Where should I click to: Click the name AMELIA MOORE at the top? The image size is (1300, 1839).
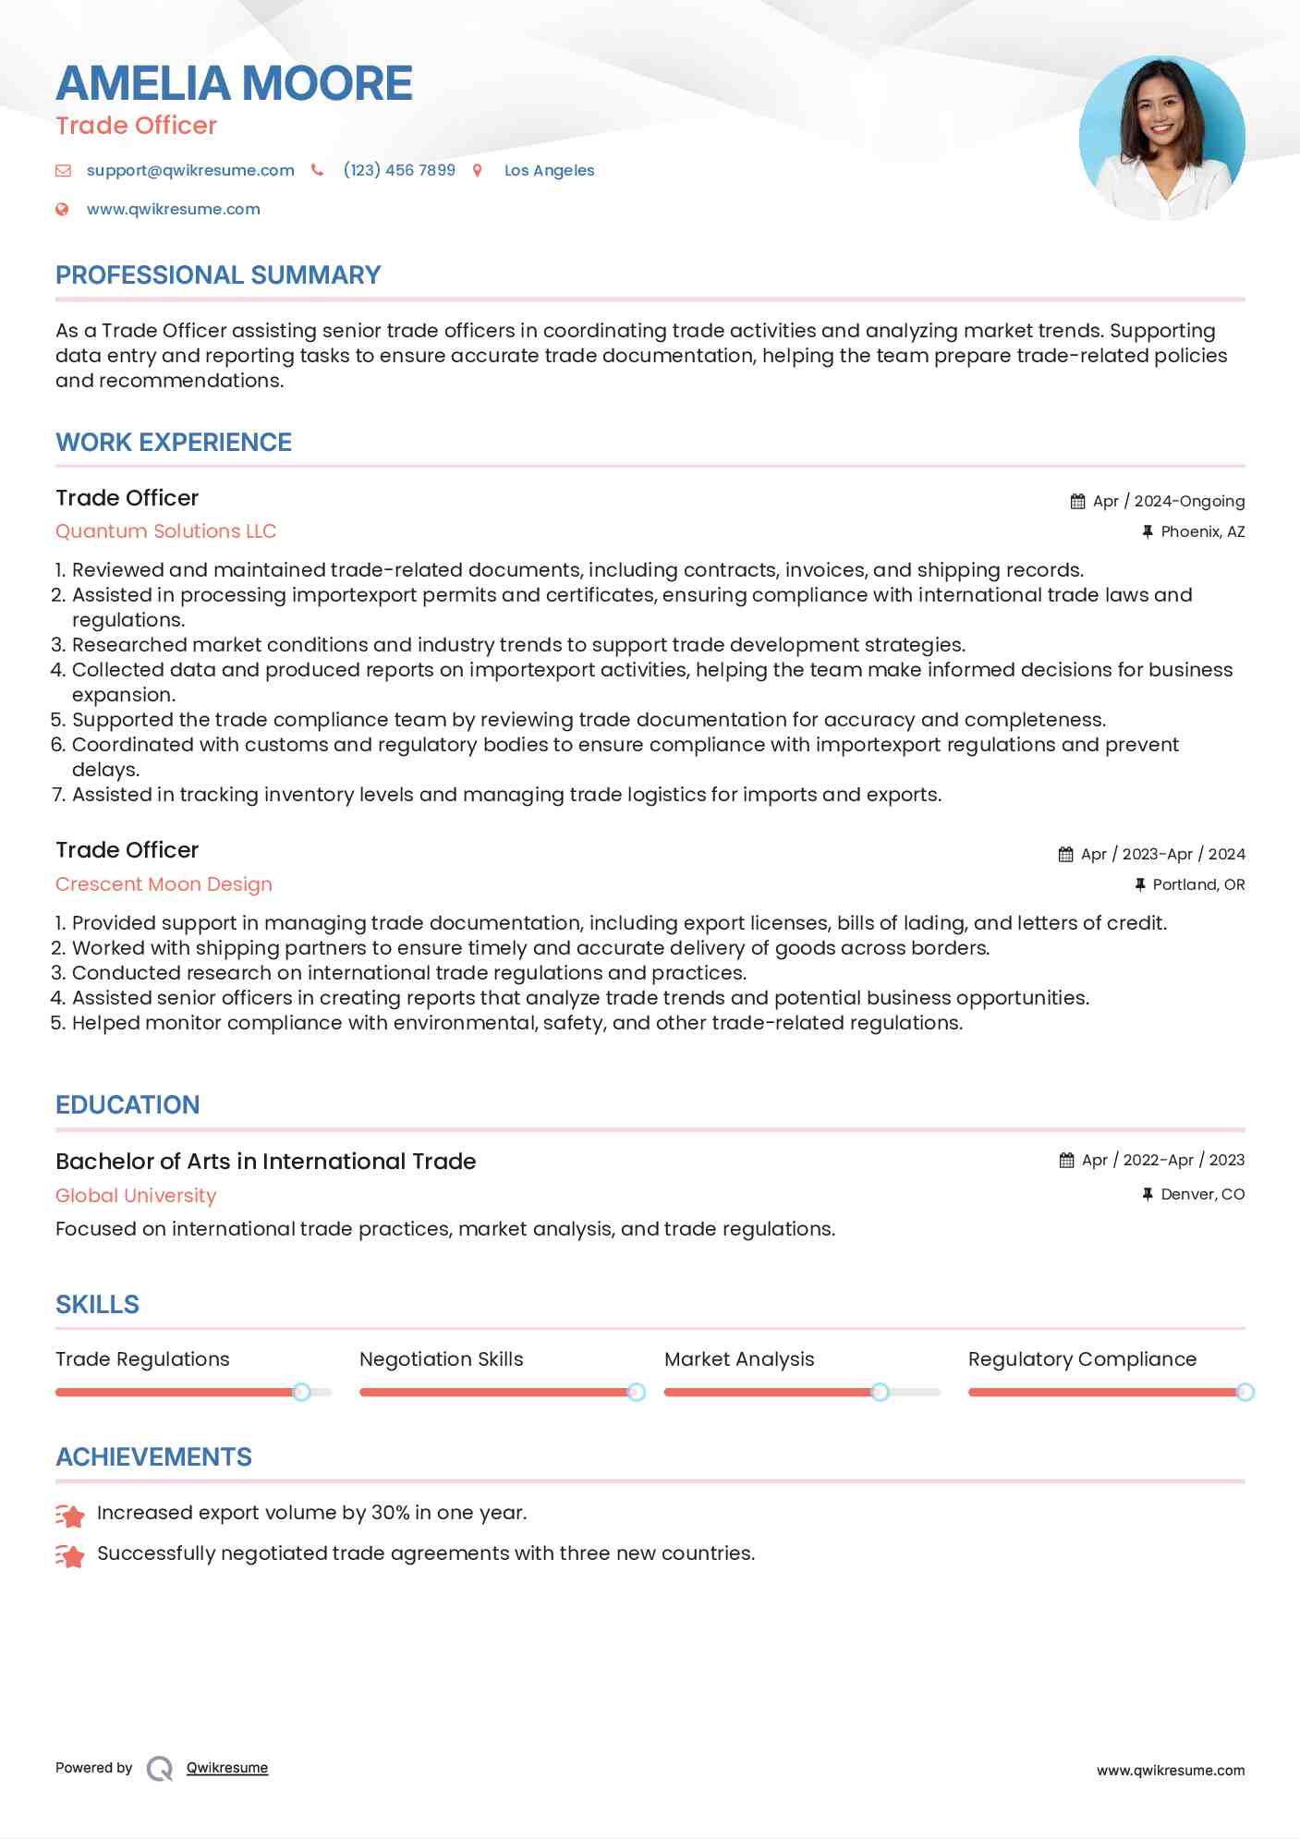234,83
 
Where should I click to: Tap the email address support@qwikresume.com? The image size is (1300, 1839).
190,170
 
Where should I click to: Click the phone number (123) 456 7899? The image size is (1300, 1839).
399,170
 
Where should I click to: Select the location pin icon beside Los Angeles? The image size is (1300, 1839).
478,170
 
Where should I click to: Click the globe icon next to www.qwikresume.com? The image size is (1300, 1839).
62,209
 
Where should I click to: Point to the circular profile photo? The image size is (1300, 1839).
1161,138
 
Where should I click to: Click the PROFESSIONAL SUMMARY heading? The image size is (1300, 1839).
218,275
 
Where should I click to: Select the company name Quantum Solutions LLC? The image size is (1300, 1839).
166,531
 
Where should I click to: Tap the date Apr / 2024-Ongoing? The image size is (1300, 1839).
1168,501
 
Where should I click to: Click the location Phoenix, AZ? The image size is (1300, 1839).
1202,531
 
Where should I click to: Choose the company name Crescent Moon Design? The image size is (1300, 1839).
164,884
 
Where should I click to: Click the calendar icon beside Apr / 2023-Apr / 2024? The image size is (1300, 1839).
1065,854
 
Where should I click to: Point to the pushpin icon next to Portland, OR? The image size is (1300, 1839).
1139,884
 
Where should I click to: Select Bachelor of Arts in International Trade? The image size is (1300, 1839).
266,1162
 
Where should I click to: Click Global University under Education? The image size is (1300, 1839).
136,1196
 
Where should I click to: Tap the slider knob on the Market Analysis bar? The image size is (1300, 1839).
880,1392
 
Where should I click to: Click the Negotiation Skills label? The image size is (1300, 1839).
442,1359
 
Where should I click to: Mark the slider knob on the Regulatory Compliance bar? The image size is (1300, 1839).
1245,1392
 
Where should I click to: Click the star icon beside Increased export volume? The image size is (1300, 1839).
70,1515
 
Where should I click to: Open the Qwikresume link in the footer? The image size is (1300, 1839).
227,1768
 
